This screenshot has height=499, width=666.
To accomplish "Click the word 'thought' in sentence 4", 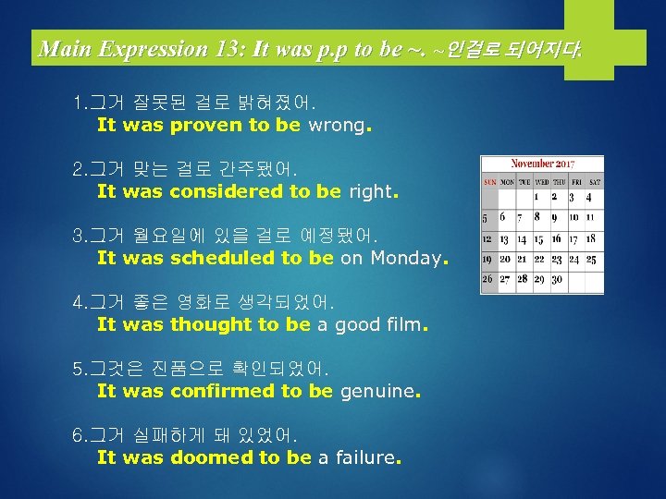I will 212,325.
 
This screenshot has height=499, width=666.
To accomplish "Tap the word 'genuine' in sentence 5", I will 377,392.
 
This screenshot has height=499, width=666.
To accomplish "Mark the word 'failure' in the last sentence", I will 363,458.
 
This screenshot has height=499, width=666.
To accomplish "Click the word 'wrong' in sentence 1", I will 337,126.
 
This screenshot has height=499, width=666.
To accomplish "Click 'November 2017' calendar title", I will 542,164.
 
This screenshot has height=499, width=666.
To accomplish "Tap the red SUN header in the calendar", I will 489,182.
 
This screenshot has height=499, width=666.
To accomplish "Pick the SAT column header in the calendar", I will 595,182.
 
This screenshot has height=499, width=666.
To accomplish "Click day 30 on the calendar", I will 556,279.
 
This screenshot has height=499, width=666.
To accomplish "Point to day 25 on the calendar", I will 591,259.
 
